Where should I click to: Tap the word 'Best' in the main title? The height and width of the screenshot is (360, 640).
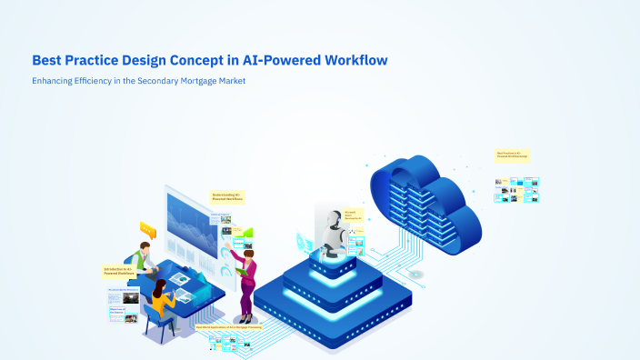coord(47,61)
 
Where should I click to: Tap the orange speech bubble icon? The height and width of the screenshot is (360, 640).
coord(146,227)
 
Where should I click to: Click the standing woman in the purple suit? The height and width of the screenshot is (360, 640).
coord(246,277)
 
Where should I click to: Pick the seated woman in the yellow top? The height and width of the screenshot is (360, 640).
coord(162,300)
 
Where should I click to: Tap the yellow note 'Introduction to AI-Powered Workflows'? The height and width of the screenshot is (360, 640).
coord(119,271)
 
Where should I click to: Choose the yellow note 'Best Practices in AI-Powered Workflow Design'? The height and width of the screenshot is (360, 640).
coord(512,155)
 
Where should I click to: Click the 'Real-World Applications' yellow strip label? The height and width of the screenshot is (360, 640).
coord(235,326)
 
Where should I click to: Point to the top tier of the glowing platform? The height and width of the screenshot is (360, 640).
coord(333,259)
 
